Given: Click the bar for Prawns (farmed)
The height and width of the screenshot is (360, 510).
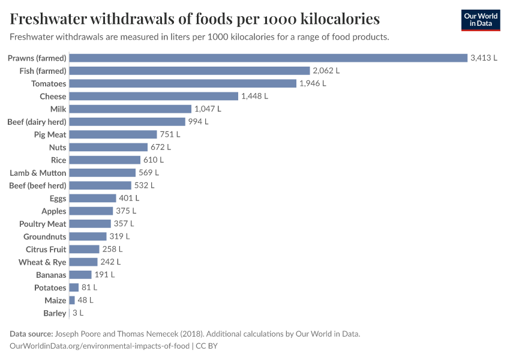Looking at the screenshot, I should click(x=268, y=58).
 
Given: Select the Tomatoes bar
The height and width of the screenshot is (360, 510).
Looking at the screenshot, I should click(x=183, y=83).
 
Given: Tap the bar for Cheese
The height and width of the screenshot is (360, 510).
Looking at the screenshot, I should click(x=154, y=96).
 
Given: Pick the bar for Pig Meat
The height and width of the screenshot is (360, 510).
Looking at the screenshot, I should click(x=113, y=134).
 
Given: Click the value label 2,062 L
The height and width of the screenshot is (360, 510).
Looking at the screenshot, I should click(x=326, y=71).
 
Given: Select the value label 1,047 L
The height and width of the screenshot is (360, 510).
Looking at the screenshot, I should click(x=208, y=109).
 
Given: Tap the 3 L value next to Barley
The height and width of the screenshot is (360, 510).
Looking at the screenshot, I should click(x=78, y=313).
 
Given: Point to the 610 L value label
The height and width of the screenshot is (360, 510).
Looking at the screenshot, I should click(x=153, y=160).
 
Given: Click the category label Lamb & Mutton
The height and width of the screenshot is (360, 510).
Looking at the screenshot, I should click(x=38, y=173).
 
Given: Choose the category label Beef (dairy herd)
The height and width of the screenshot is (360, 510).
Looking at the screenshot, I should click(x=37, y=122).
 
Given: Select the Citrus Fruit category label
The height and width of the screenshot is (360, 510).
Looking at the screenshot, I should click(x=46, y=249).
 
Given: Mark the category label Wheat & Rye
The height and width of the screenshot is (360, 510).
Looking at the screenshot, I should click(x=42, y=262).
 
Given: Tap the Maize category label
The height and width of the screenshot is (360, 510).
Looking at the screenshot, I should click(x=55, y=300).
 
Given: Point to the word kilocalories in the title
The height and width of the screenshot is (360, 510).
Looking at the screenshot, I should click(x=334, y=19).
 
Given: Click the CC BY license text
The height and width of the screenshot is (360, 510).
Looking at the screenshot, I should click(x=208, y=346).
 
